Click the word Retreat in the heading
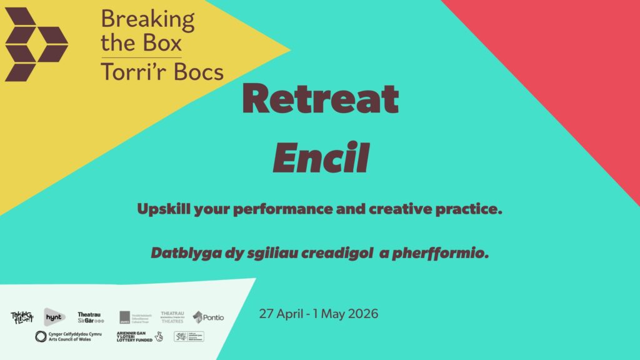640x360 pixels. tap(320, 99)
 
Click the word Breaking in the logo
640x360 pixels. tap(147, 20)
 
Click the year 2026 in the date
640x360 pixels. tap(362, 314)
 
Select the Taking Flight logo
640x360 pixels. tap(22, 317)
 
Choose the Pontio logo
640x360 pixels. tap(208, 317)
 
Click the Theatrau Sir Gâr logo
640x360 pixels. tap(91, 317)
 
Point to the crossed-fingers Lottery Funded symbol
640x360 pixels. tap(159, 336)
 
